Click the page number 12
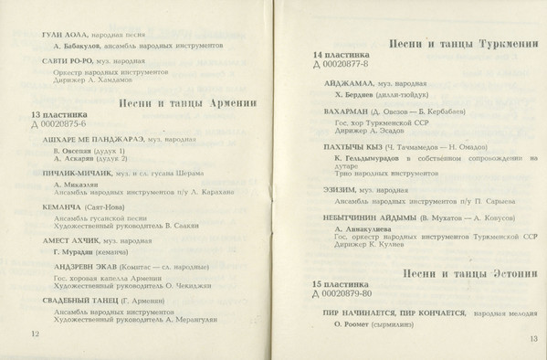click(x=36, y=334)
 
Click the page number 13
click(x=533, y=339)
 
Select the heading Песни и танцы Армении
click(x=187, y=103)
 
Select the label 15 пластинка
click(x=341, y=284)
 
